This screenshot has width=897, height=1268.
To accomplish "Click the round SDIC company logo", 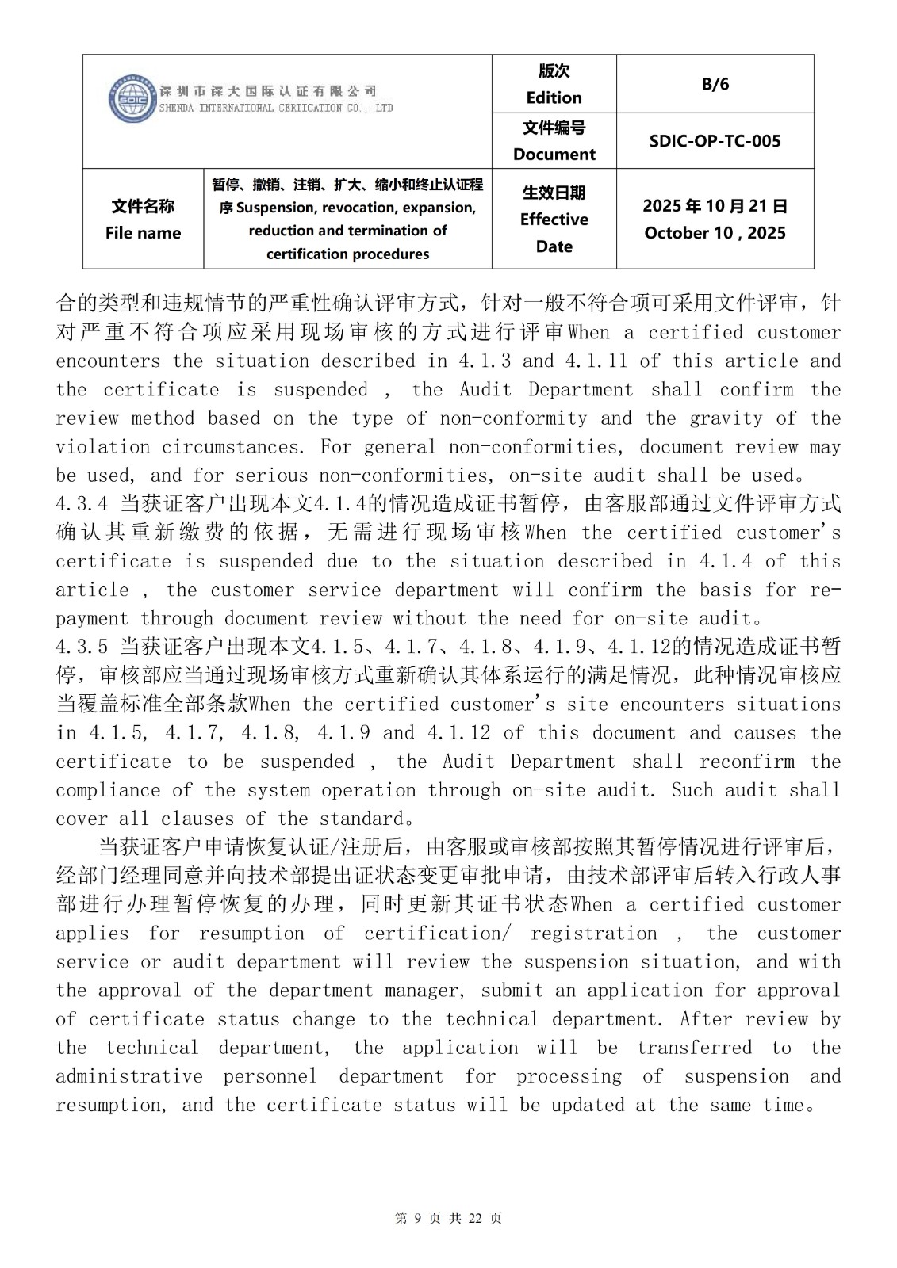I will coord(132,99).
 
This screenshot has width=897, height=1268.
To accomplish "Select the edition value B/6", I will coord(715,84).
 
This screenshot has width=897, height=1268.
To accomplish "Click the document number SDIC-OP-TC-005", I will coord(715,141).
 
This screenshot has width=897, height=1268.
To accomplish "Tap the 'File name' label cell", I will coord(143,233).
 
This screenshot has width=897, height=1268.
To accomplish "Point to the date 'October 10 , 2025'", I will coord(715,233).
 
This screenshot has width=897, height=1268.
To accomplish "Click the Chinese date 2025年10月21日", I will coord(715,206).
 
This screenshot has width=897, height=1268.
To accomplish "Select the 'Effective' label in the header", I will coord(554,220).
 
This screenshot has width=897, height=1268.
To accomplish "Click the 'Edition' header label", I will coord(554,97).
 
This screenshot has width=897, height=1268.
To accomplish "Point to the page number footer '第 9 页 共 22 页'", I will coord(448,1219).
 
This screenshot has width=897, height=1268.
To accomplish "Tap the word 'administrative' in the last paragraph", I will coord(128,1076).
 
